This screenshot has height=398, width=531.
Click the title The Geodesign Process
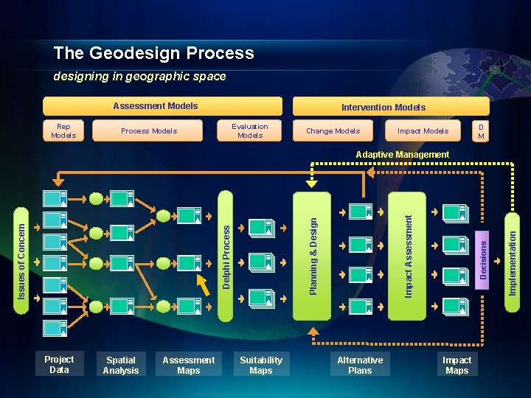click(153, 53)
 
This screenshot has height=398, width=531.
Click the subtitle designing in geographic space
click(139, 77)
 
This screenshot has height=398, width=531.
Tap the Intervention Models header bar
click(382, 107)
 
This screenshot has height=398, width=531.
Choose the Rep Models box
click(63, 130)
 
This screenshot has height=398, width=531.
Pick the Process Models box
click(149, 130)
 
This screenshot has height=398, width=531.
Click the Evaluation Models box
click(250, 130)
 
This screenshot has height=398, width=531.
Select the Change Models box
click(333, 130)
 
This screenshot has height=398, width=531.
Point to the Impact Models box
click(423, 130)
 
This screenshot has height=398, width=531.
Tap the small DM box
click(481, 130)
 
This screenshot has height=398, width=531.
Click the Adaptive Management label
click(402, 155)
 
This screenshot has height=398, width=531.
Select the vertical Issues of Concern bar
click(22, 251)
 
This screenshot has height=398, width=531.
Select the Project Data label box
click(59, 364)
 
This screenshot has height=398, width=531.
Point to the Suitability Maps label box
click(261, 365)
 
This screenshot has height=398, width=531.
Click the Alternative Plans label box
click(360, 365)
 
